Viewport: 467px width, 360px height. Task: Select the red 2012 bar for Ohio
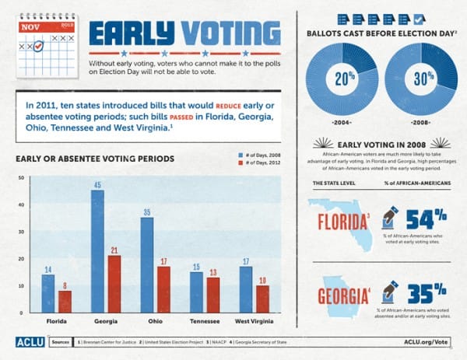(163, 289)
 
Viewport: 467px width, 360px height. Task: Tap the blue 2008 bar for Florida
(47, 293)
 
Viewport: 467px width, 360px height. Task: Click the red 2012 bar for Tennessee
(212, 295)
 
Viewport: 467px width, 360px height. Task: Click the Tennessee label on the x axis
(204, 321)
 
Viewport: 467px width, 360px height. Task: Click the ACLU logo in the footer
(29, 341)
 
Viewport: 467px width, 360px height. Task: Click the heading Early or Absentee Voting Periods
(95, 159)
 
